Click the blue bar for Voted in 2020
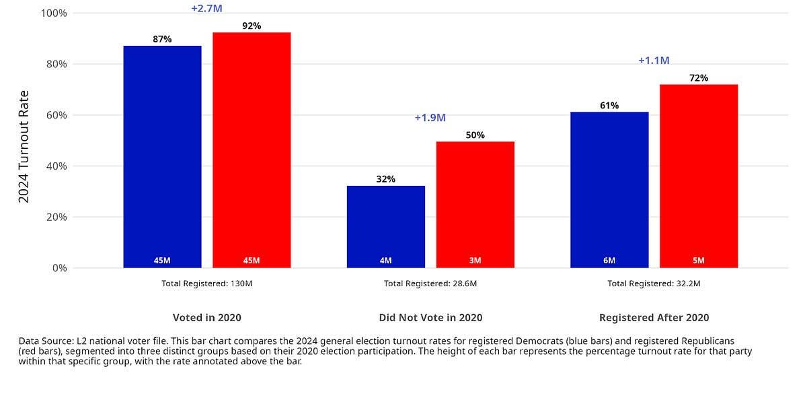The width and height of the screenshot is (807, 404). pos(162,156)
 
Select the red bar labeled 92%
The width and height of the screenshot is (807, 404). pos(252,149)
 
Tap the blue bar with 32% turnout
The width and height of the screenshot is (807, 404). pos(385,226)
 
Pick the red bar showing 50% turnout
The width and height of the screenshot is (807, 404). pos(475,204)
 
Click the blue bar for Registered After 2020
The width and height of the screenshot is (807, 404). pos(609,189)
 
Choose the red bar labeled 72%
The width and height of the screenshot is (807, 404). pos(698,176)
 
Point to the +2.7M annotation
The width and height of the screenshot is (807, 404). pos(206,9)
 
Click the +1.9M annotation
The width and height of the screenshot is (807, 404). pos(430,118)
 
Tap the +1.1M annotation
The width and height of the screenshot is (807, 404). pos(654,61)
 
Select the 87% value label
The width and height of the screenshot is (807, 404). pos(162,39)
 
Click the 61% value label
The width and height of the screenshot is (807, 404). pos(609,106)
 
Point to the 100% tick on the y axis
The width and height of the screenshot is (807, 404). pos(53,13)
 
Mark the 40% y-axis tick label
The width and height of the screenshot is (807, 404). pos(55,166)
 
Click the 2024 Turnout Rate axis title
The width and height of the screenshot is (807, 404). pos(24,146)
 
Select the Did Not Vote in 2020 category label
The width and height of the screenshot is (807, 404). pos(430,318)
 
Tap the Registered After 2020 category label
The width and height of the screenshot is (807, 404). pos(654,318)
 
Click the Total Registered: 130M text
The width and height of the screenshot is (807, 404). pos(206,283)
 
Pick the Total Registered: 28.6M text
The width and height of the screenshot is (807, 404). pos(430,283)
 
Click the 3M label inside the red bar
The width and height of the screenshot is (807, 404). pos(475,261)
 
